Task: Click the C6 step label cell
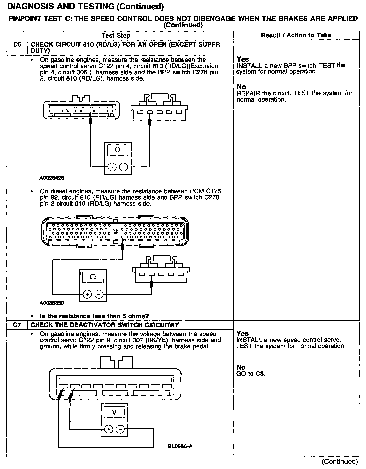pos(17,45)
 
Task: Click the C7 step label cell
pos(17,325)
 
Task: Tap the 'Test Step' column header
pos(116,36)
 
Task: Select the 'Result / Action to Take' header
pos(296,35)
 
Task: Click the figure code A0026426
pos(52,178)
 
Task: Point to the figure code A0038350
pos(52,303)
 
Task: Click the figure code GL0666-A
pos(180,446)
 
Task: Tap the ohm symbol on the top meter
pos(117,150)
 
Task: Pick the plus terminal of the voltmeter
pos(109,429)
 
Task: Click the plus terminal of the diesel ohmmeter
pos(87,294)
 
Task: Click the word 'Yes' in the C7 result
pos(243,334)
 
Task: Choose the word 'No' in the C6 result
pos(241,87)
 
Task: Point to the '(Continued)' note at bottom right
pos(339,461)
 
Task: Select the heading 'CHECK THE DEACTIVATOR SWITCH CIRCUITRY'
pos(105,325)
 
